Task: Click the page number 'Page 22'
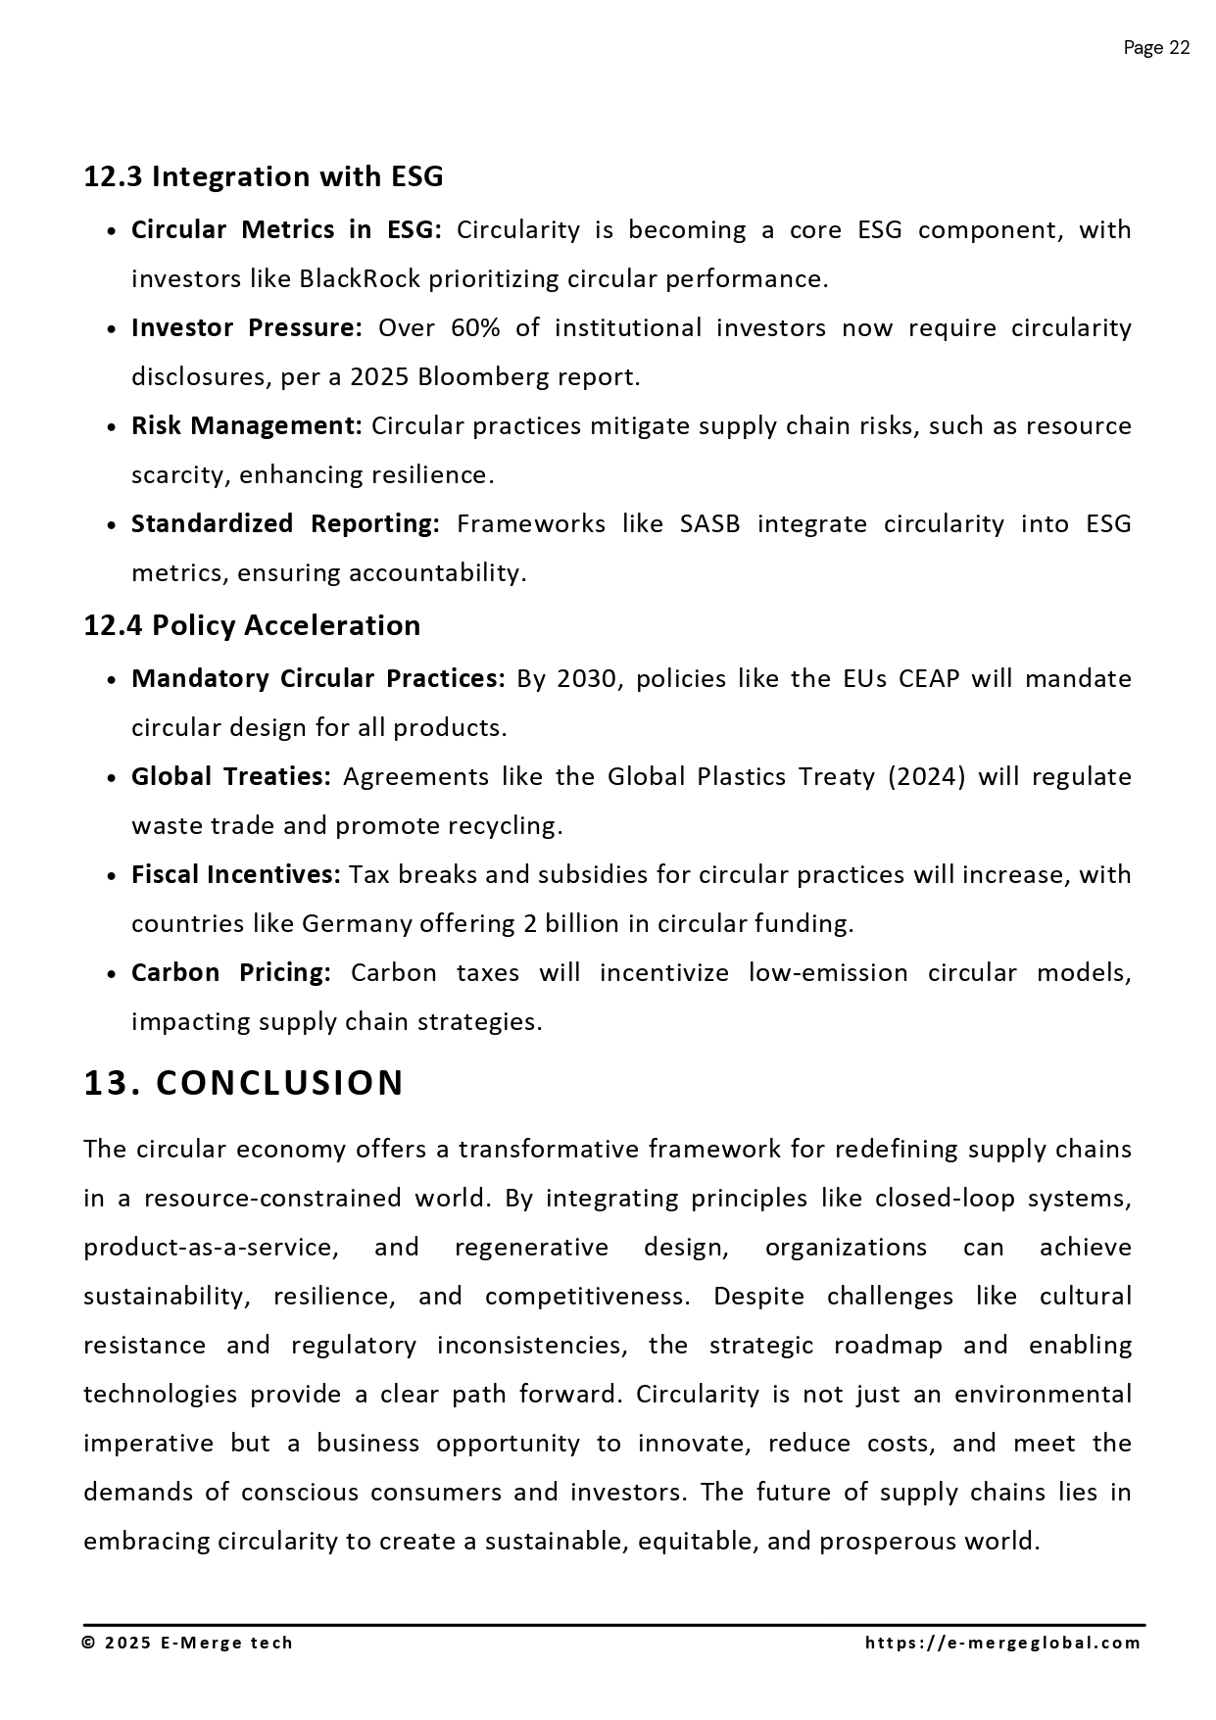pyautogui.click(x=1156, y=48)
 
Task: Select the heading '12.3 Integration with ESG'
pyautogui.click(x=263, y=176)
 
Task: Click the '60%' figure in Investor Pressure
pyautogui.click(x=475, y=328)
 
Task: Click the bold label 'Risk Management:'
pyautogui.click(x=247, y=426)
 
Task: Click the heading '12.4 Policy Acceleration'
pyautogui.click(x=252, y=625)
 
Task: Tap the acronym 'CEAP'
pyautogui.click(x=928, y=679)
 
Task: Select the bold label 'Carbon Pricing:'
pyautogui.click(x=231, y=973)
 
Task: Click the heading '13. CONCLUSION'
pyautogui.click(x=243, y=1083)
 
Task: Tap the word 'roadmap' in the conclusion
pyautogui.click(x=888, y=1346)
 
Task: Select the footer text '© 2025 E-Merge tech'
pyautogui.click(x=187, y=1644)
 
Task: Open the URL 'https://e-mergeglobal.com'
pyautogui.click(x=1003, y=1644)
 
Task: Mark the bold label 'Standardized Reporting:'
pyautogui.click(x=285, y=524)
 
